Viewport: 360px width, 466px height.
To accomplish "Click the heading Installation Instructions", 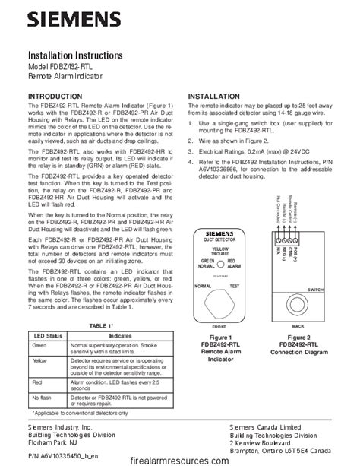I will (74, 56).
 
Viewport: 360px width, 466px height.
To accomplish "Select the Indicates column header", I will (121, 334).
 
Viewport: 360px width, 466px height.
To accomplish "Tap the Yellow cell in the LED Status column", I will (40, 362).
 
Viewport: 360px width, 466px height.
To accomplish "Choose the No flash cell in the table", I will (43, 398).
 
